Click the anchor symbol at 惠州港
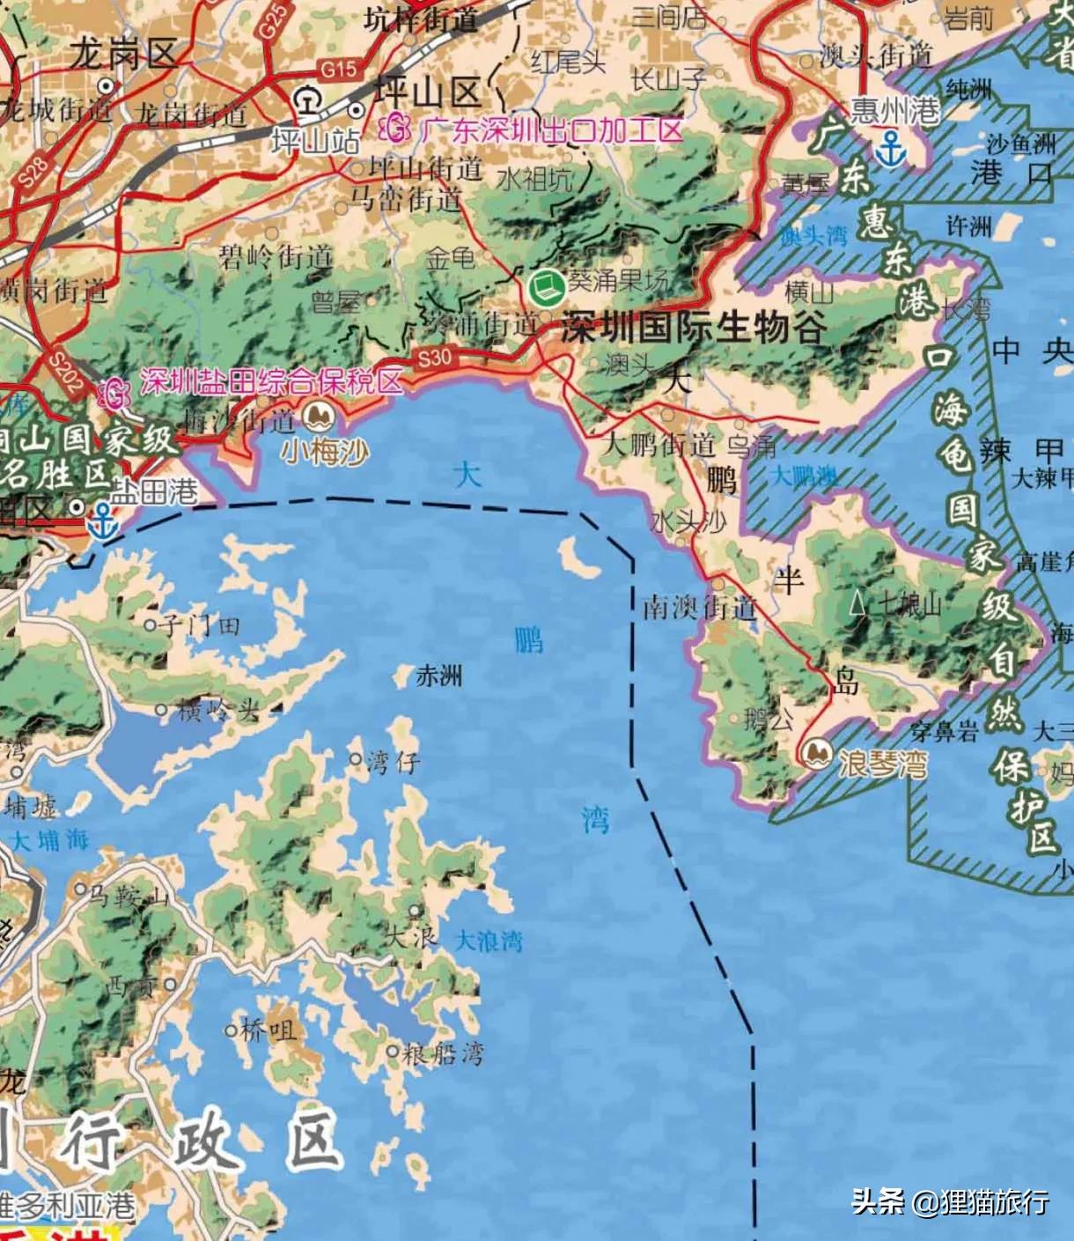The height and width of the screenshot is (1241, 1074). click(x=893, y=149)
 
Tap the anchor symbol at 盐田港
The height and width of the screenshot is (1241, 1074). click(x=103, y=521)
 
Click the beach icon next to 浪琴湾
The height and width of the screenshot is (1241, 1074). click(x=817, y=754)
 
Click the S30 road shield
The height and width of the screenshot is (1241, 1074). click(x=434, y=358)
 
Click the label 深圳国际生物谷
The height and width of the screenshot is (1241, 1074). click(x=693, y=329)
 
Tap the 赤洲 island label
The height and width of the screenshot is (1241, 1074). click(x=438, y=676)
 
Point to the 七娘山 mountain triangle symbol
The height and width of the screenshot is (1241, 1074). click(x=857, y=603)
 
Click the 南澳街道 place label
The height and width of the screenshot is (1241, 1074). click(x=699, y=607)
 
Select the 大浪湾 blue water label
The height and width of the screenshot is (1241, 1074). click(x=489, y=941)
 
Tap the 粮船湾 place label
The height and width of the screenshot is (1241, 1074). click(x=443, y=1053)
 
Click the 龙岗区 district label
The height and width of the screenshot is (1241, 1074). click(x=125, y=55)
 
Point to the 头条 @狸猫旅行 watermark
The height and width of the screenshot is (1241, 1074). click(x=950, y=1201)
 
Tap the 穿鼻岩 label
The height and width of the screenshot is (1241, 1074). click(x=944, y=731)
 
